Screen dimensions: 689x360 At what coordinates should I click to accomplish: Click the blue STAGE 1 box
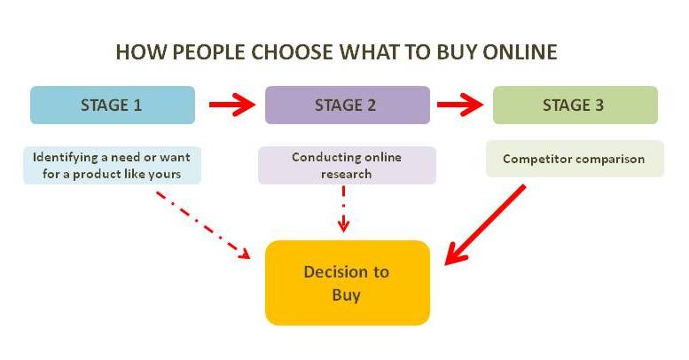(x=113, y=105)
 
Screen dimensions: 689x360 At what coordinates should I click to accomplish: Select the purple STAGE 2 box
(x=347, y=105)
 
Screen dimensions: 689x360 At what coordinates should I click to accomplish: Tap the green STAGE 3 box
(x=575, y=105)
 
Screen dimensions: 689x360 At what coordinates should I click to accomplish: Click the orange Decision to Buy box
(x=347, y=283)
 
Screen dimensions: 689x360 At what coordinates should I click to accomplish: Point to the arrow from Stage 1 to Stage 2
(x=232, y=105)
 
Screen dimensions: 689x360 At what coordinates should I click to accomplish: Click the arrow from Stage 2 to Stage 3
(x=460, y=105)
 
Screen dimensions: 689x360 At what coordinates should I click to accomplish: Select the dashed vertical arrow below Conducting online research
(x=344, y=209)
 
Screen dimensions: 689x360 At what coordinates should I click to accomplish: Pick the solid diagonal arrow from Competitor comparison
(x=485, y=224)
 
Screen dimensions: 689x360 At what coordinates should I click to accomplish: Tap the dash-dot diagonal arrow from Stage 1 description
(x=203, y=225)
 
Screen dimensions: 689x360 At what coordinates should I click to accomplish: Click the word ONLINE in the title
(x=520, y=51)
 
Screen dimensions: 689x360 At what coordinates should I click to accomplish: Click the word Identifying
(x=66, y=158)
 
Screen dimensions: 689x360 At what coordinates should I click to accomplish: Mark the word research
(x=346, y=174)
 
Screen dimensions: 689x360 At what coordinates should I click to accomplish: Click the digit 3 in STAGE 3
(x=599, y=105)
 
